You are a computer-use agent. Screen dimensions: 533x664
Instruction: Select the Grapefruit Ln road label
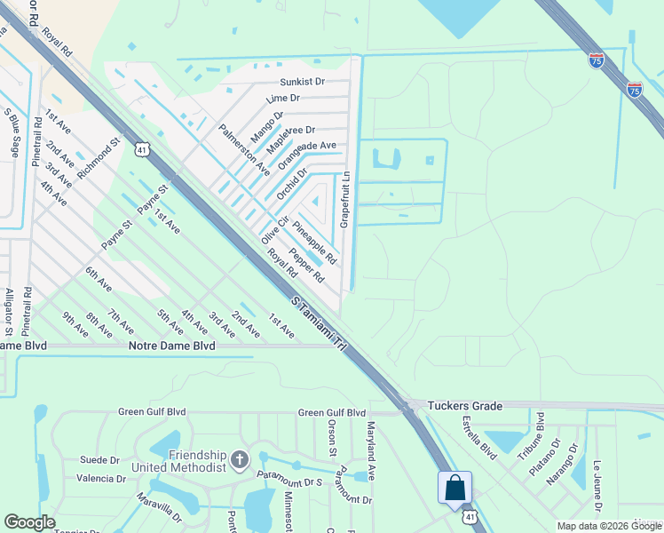coord(346,198)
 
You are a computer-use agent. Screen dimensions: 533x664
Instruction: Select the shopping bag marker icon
coord(455,488)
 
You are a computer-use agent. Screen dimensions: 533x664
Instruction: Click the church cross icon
coord(239,459)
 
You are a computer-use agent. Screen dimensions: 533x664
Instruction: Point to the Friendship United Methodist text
coord(179,459)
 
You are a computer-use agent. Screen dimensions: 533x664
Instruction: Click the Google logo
coord(29,522)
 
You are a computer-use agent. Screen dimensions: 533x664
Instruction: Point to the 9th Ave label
coord(75,325)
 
